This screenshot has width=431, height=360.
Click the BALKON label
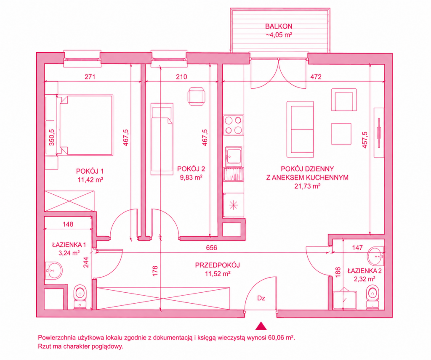tap(279, 26)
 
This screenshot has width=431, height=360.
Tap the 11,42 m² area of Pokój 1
tap(90, 180)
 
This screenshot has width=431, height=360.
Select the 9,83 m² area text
tap(191, 177)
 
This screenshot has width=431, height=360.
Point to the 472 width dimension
tap(316, 77)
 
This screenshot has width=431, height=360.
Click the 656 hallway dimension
tap(211, 248)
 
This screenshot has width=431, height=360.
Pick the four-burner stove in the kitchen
tap(233, 125)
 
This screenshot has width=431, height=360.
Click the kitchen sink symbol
tap(234, 157)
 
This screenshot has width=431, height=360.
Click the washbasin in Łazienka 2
tap(375, 255)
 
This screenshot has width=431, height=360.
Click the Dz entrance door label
tap(261, 298)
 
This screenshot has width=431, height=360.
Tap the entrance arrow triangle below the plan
tap(261, 326)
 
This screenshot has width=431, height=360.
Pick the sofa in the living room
tap(300, 130)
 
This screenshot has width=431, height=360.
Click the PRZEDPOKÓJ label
tap(218, 265)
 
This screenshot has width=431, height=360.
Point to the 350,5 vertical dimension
tap(51, 137)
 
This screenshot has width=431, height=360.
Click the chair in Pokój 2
tap(196, 96)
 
